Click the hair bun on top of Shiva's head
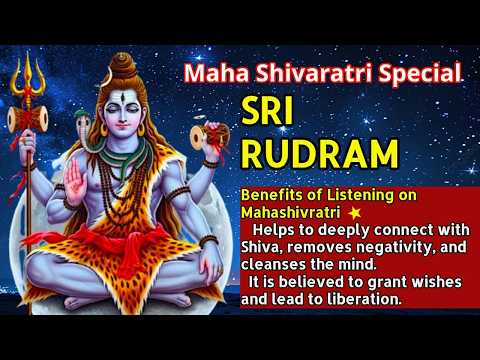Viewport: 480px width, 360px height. [x=123, y=59]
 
